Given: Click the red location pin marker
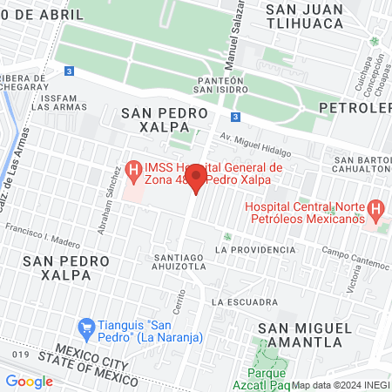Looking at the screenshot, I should click(x=196, y=179).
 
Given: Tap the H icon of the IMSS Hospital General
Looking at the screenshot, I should click(x=134, y=167).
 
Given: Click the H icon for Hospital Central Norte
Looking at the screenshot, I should click(x=375, y=208).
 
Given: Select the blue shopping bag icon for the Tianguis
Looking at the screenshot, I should click(x=86, y=328).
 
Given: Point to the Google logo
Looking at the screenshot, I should click(x=29, y=381).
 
